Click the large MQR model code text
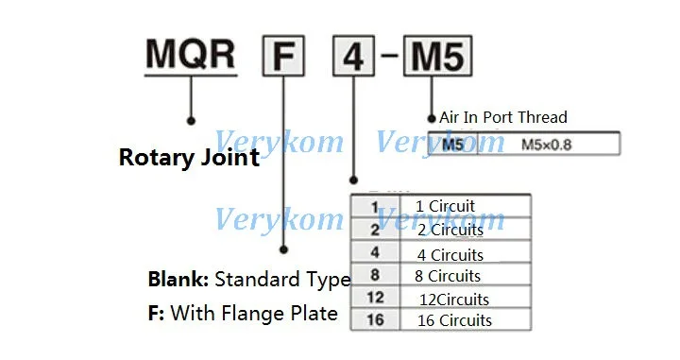tap(190, 54)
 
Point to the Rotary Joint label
tap(189, 157)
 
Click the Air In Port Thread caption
tap(503, 117)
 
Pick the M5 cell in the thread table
tap(454, 144)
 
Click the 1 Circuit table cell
tap(445, 206)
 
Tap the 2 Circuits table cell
tap(450, 230)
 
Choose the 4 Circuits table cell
tap(450, 254)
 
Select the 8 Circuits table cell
tap(448, 276)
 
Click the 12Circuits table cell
tap(455, 299)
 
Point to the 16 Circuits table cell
tap(453, 320)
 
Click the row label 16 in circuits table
tap(375, 320)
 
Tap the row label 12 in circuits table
tap(375, 298)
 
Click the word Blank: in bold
tap(179, 280)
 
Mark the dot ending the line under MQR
tap(191, 121)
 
